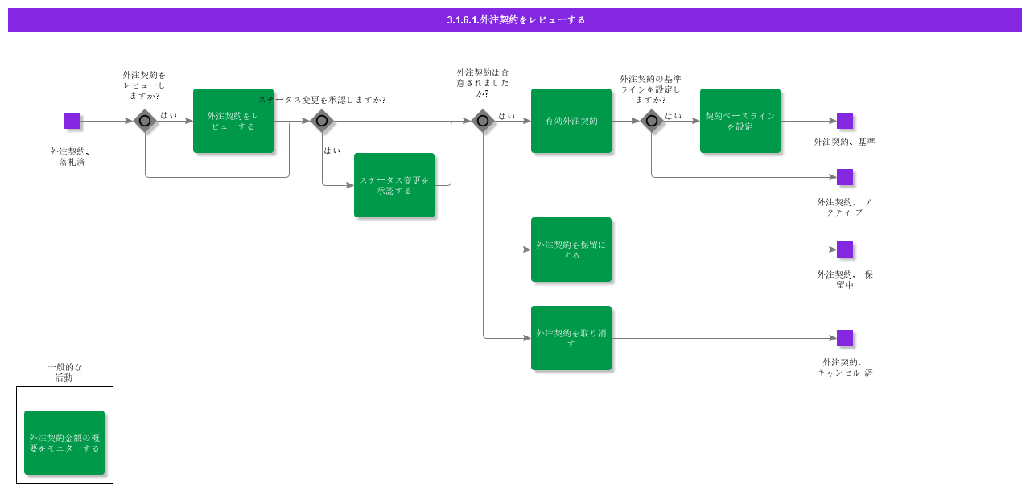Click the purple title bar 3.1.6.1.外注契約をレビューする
[x=515, y=19]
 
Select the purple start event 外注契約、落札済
[x=72, y=121]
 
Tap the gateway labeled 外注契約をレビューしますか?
[x=145, y=121]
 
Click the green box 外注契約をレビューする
[x=233, y=121]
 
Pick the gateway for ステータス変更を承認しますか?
[x=322, y=121]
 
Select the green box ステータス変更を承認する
[x=394, y=185]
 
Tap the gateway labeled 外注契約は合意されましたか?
[x=483, y=121]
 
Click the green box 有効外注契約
[x=571, y=121]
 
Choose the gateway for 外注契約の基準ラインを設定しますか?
[x=652, y=121]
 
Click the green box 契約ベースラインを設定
[x=740, y=121]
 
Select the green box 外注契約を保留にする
[x=571, y=250]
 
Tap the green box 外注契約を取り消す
[x=571, y=338]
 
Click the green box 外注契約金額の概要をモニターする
[x=64, y=443]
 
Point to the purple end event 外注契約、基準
[x=845, y=121]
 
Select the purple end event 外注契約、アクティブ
[x=845, y=177]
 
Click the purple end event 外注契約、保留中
[x=845, y=250]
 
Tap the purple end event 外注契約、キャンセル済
[x=845, y=338]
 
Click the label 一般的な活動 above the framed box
[x=64, y=372]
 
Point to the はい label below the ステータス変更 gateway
[x=332, y=151]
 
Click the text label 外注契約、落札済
[x=71, y=156]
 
